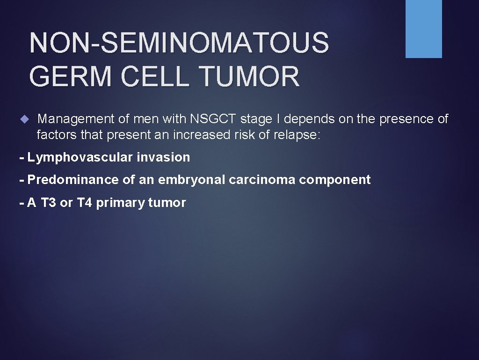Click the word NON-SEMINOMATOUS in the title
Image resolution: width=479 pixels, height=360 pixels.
[x=179, y=42]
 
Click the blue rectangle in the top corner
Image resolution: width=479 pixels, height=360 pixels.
[x=423, y=29]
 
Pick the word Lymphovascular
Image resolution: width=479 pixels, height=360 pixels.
[x=80, y=157]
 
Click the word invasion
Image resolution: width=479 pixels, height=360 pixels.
[x=163, y=157]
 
